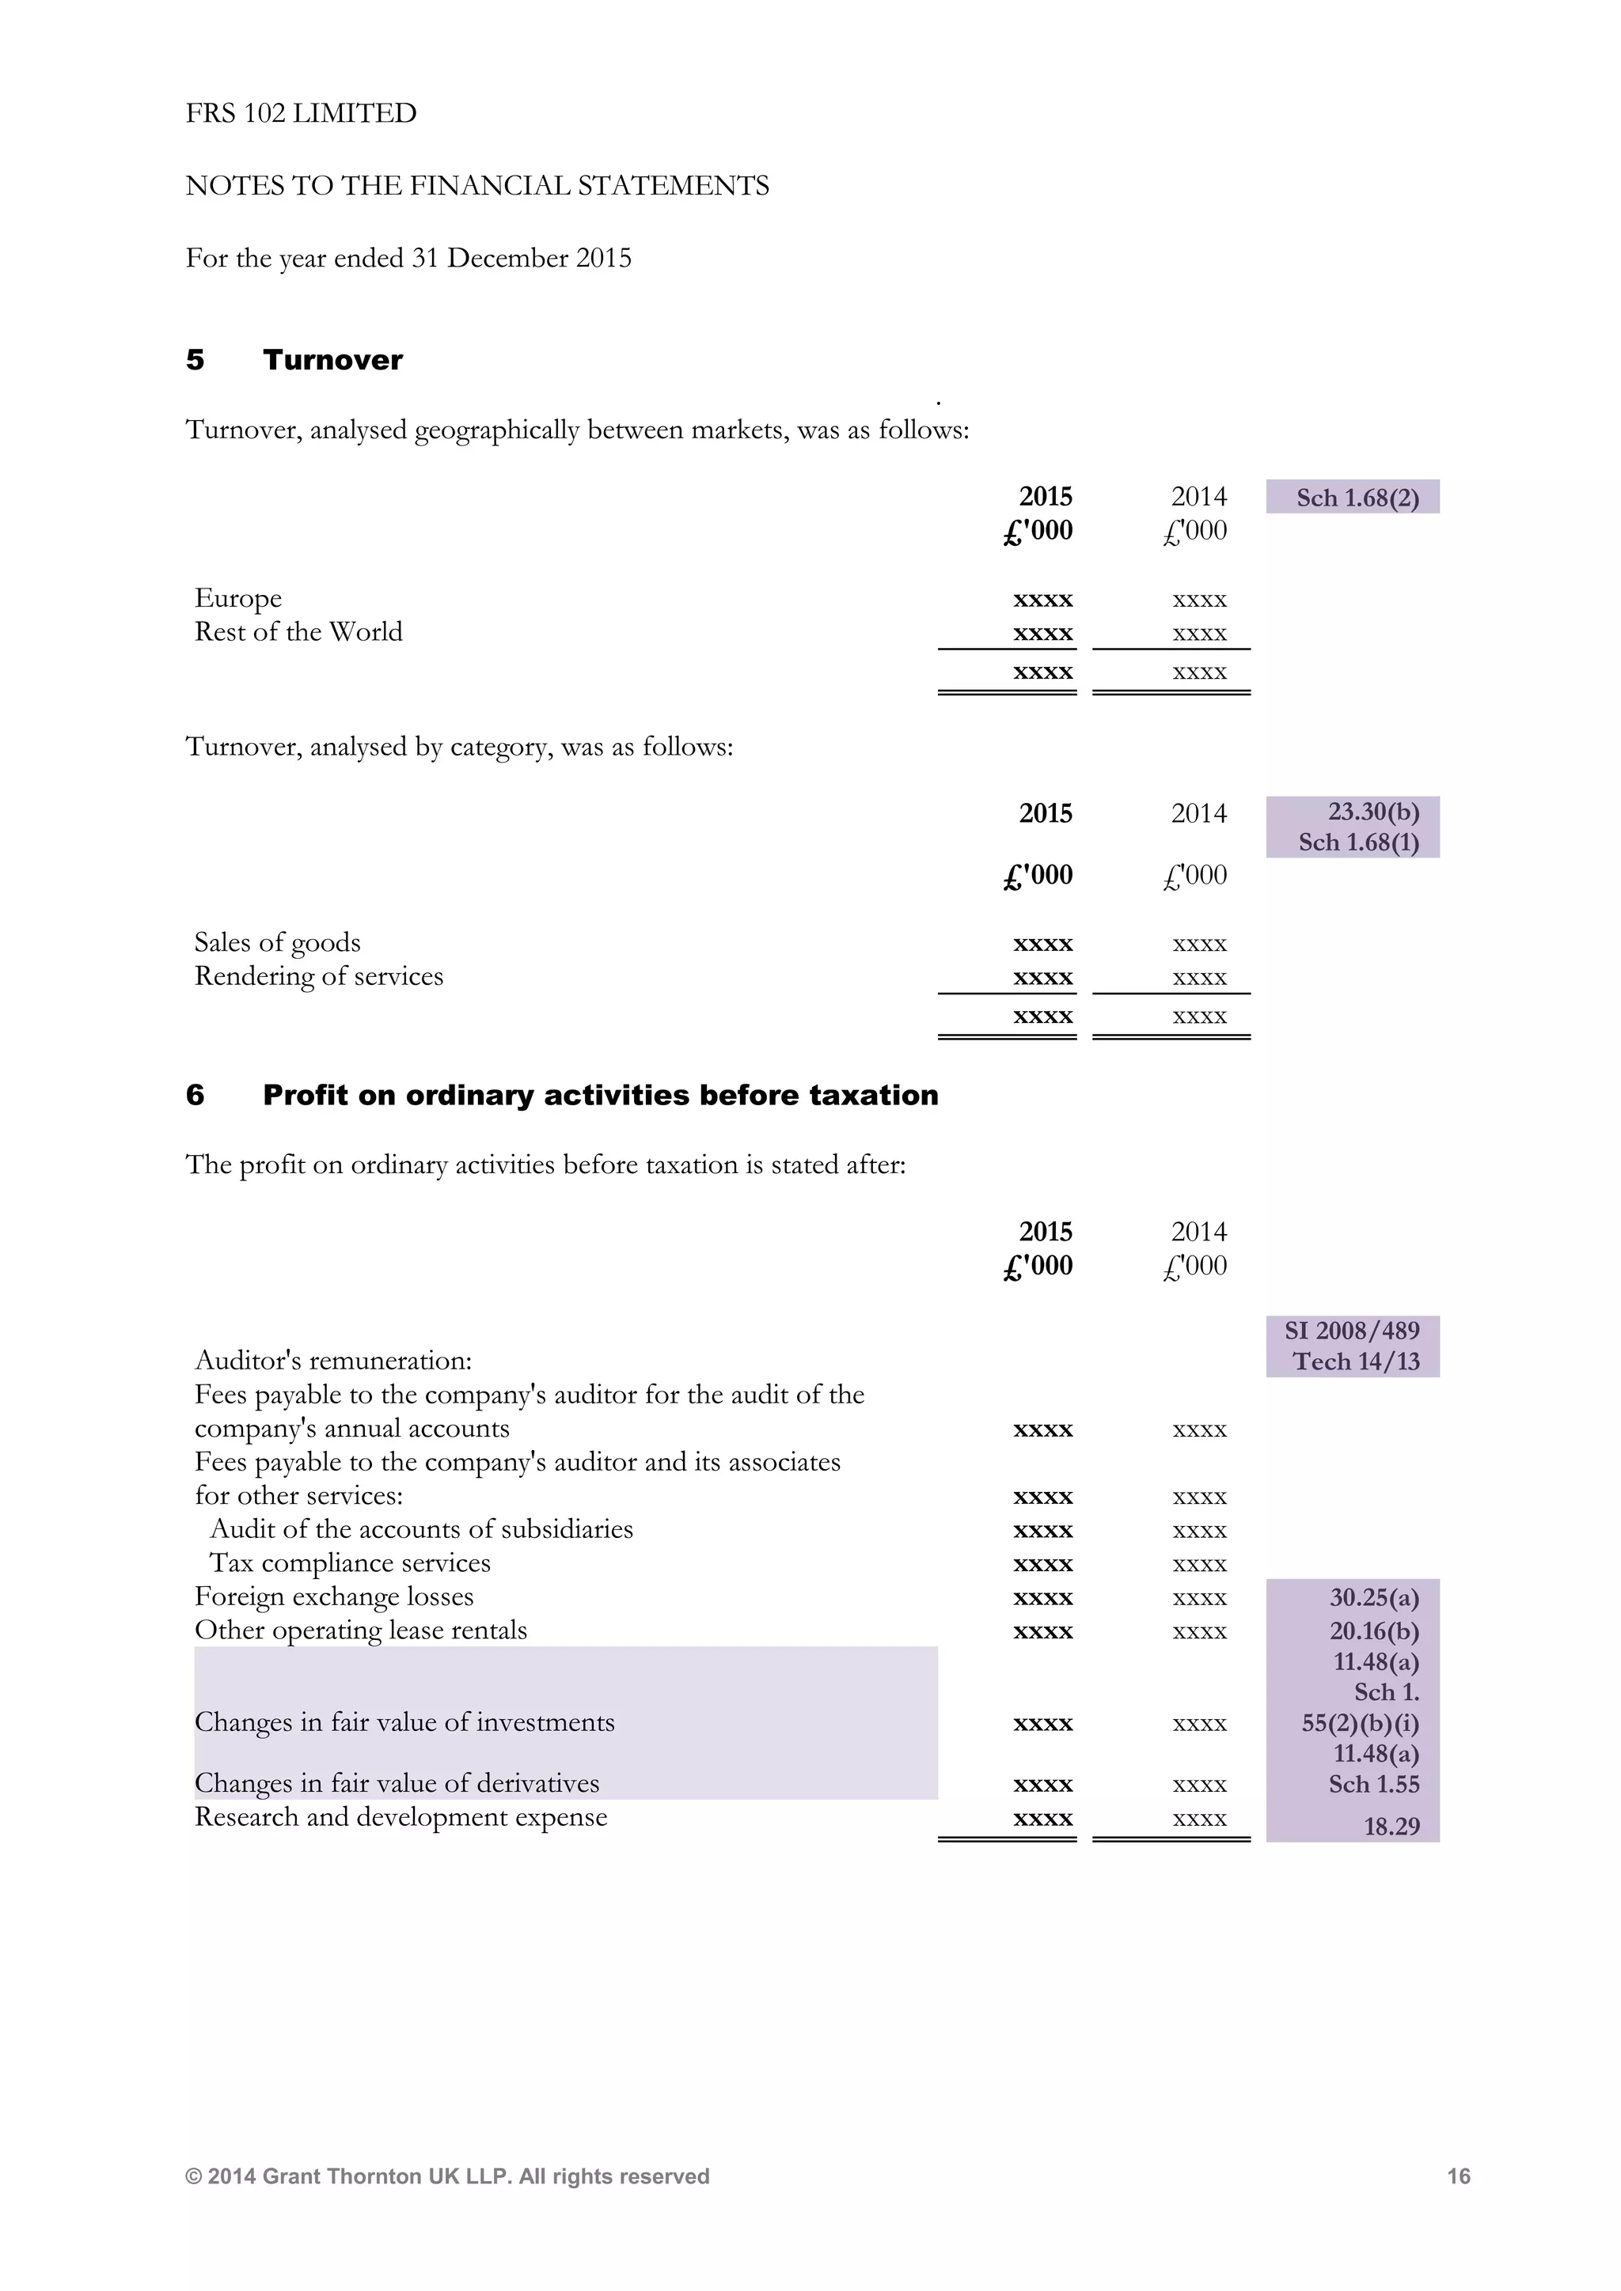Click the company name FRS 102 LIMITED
click(301, 113)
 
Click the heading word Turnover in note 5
click(332, 359)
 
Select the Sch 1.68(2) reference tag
click(1357, 497)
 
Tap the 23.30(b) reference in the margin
click(1372, 811)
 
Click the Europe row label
click(237, 598)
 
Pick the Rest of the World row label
click(298, 631)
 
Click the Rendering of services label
click(318, 976)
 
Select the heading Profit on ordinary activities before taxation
click(600, 1095)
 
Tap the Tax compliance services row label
click(349, 1562)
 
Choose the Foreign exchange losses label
click(333, 1596)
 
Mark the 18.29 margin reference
click(1391, 1826)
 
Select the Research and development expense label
click(401, 1817)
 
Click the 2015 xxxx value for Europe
click(1042, 600)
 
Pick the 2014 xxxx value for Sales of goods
click(1199, 944)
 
